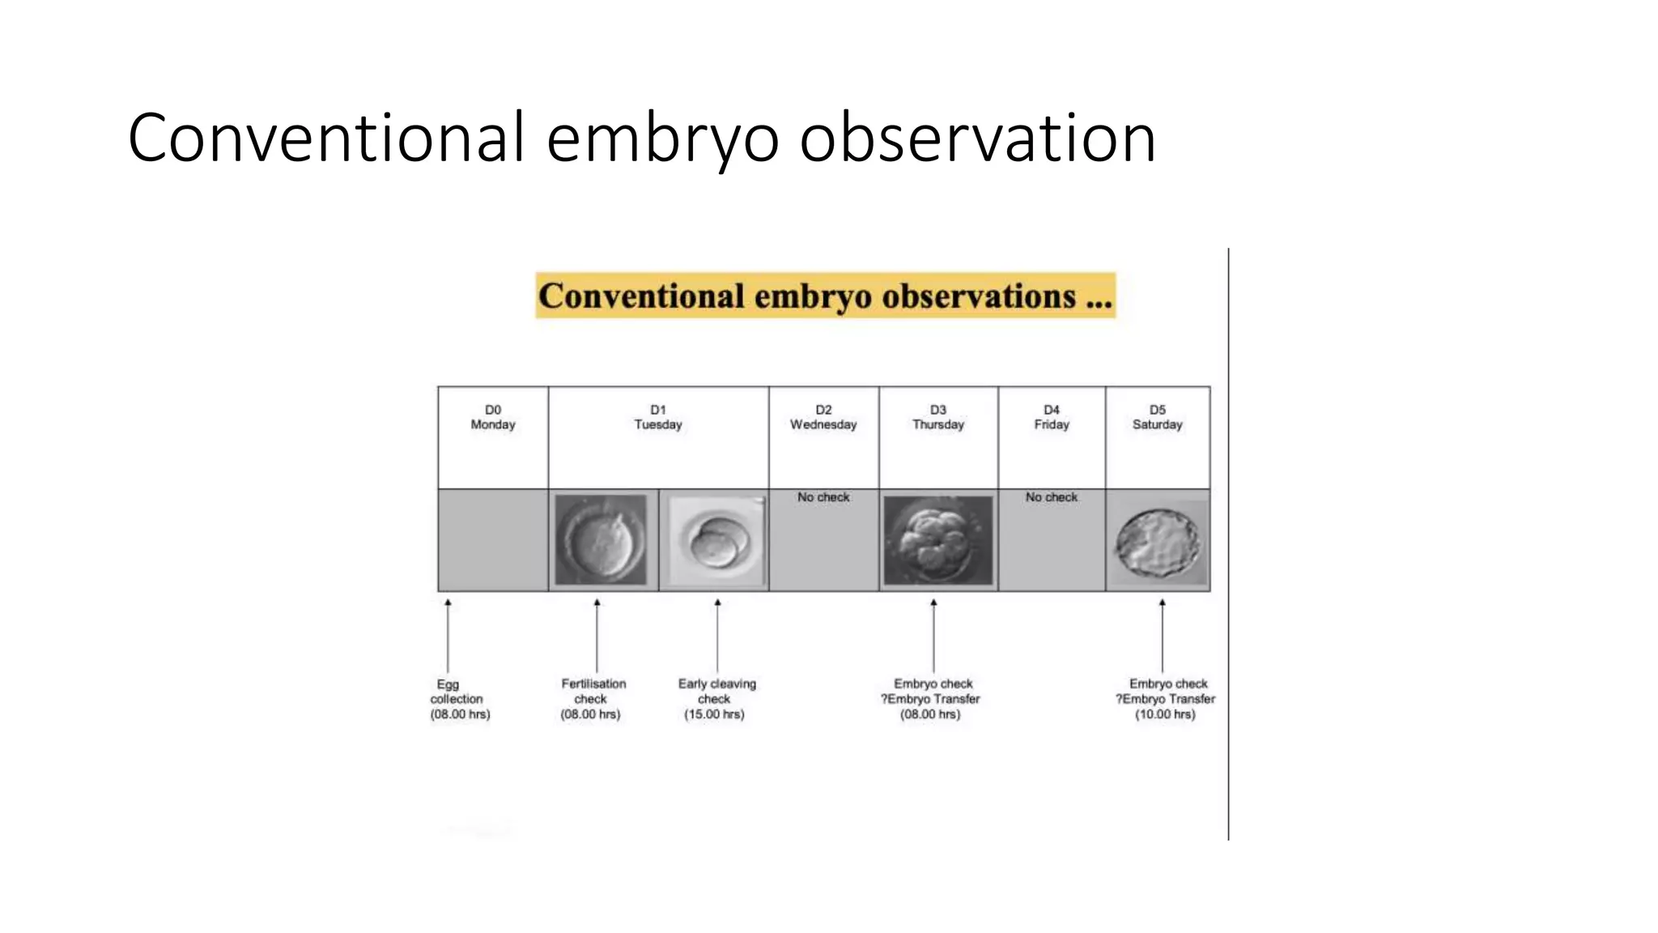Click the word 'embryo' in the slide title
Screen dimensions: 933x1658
pyautogui.click(x=662, y=139)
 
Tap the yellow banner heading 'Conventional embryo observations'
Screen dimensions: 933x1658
pyautogui.click(x=825, y=296)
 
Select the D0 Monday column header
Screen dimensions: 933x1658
pyautogui.click(x=492, y=417)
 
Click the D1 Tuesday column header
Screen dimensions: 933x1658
pyautogui.click(x=657, y=417)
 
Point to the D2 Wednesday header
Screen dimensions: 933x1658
pyautogui.click(x=823, y=417)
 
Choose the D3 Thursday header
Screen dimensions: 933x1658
pyautogui.click(x=937, y=417)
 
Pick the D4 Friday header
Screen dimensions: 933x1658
pyautogui.click(x=1051, y=417)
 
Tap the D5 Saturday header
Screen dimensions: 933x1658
pyautogui.click(x=1157, y=417)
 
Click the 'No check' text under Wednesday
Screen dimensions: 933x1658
pyautogui.click(x=823, y=497)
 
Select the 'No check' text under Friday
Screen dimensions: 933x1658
pyautogui.click(x=1051, y=497)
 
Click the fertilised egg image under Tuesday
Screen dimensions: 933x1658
pyautogui.click(x=601, y=540)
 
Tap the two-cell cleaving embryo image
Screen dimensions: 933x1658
pyautogui.click(x=714, y=541)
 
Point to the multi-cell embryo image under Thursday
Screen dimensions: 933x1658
pyautogui.click(x=937, y=540)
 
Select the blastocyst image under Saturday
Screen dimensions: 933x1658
pyautogui.click(x=1158, y=542)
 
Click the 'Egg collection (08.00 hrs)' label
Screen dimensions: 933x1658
pyautogui.click(x=459, y=699)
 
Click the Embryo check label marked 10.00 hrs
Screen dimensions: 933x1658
pyautogui.click(x=1165, y=699)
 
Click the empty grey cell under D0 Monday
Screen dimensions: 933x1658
pyautogui.click(x=492, y=540)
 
